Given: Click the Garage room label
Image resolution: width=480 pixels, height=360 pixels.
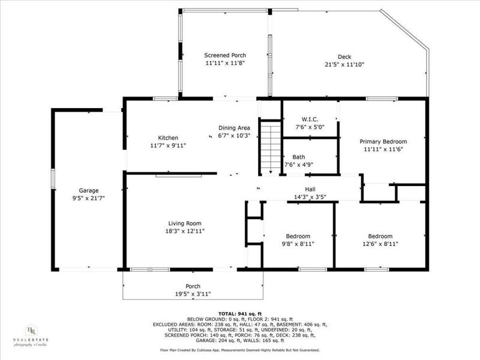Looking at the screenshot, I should point(89,190).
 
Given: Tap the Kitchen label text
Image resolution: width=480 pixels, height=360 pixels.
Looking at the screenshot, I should point(168,137).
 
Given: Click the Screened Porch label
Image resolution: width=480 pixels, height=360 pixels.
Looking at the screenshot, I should point(225,55).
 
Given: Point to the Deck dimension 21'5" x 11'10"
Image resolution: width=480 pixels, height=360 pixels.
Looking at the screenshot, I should point(344,65).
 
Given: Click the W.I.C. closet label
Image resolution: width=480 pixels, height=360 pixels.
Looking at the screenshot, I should point(310,118).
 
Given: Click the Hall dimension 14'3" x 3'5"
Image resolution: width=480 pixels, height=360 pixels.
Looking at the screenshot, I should point(310,197).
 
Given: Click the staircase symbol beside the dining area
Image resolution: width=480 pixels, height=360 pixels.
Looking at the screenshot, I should point(272,146).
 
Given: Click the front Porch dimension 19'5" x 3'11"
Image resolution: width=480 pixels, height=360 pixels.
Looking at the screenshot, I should point(193,294).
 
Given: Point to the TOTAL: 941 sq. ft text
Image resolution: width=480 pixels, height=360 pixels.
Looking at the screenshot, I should point(239,314).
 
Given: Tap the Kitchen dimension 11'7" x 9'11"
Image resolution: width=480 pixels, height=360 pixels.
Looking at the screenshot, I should point(169,145).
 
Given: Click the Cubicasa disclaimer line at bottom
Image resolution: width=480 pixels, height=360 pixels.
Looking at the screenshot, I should point(239,350).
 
